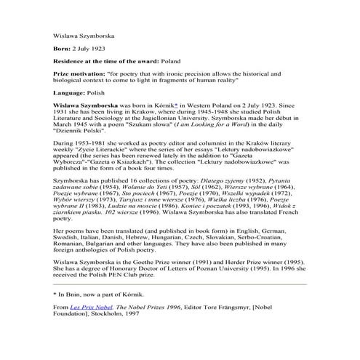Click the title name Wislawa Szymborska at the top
pyautogui.click(x=83, y=35)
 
